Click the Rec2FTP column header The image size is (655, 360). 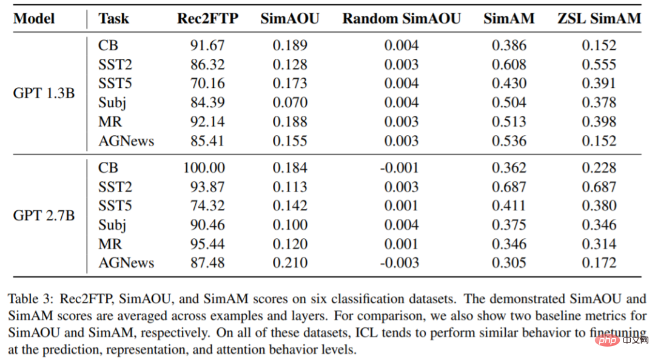(207, 18)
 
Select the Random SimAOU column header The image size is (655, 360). (401, 18)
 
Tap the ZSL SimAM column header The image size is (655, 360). (599, 18)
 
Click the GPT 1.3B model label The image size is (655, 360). (44, 93)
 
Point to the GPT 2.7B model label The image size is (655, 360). (44, 215)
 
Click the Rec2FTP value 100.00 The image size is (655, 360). (204, 167)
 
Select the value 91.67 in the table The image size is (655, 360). (207, 45)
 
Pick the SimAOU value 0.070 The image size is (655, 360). (290, 102)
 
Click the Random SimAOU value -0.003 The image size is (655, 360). (399, 262)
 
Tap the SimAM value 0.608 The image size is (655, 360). (509, 64)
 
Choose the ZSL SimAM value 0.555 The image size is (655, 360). (599, 64)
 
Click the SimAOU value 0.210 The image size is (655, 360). (290, 262)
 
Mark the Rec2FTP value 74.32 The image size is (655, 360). (207, 205)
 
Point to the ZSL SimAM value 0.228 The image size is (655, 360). (599, 167)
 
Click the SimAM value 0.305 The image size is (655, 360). (509, 262)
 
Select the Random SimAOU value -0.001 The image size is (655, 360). (399, 167)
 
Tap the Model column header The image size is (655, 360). (34, 18)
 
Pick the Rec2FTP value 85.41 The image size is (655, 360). (207, 141)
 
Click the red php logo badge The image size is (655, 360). (608, 340)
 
